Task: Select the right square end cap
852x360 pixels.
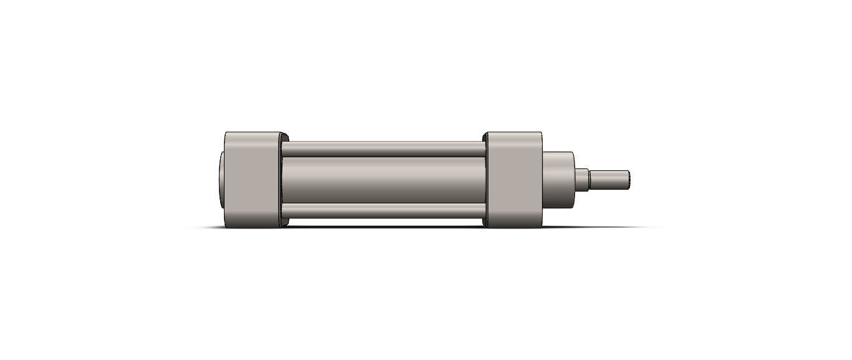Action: [x=513, y=179]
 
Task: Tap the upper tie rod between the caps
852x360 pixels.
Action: [x=383, y=149]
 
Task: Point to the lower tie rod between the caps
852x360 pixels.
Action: [x=383, y=210]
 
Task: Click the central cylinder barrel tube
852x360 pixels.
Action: [x=383, y=179]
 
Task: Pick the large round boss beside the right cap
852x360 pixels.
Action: [x=558, y=179]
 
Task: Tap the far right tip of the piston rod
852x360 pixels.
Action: [x=629, y=178]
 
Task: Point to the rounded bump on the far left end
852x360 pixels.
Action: [x=221, y=179]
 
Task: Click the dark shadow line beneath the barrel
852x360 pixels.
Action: [x=383, y=226]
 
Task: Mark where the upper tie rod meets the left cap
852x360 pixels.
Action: [x=284, y=149]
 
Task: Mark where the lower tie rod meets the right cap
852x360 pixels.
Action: [x=483, y=210]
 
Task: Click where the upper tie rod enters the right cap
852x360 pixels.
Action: [x=483, y=149]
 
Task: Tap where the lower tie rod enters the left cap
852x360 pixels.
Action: [x=284, y=210]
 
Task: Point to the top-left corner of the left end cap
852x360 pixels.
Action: [x=225, y=133]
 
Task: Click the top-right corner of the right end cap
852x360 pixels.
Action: [x=541, y=133]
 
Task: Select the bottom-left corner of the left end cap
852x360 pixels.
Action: [x=225, y=226]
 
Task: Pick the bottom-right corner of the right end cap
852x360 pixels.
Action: [x=541, y=226]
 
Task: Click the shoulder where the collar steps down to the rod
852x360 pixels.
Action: [x=589, y=178]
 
